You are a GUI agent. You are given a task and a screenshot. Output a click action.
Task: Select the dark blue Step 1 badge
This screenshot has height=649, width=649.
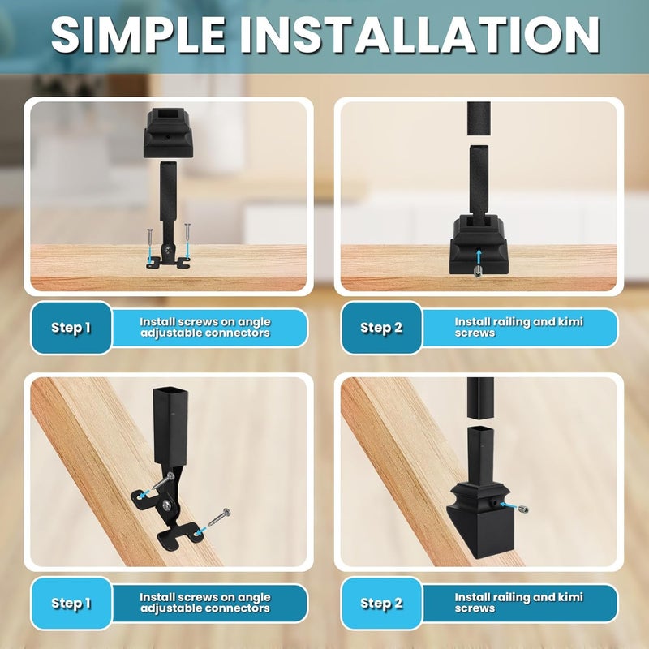(71, 328)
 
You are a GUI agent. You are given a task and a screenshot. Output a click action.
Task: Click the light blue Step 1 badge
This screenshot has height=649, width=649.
(71, 603)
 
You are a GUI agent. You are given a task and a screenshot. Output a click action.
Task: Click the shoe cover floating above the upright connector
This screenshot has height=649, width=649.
(168, 131)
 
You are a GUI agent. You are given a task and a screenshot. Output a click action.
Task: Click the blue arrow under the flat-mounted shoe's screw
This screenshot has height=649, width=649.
(478, 258)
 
